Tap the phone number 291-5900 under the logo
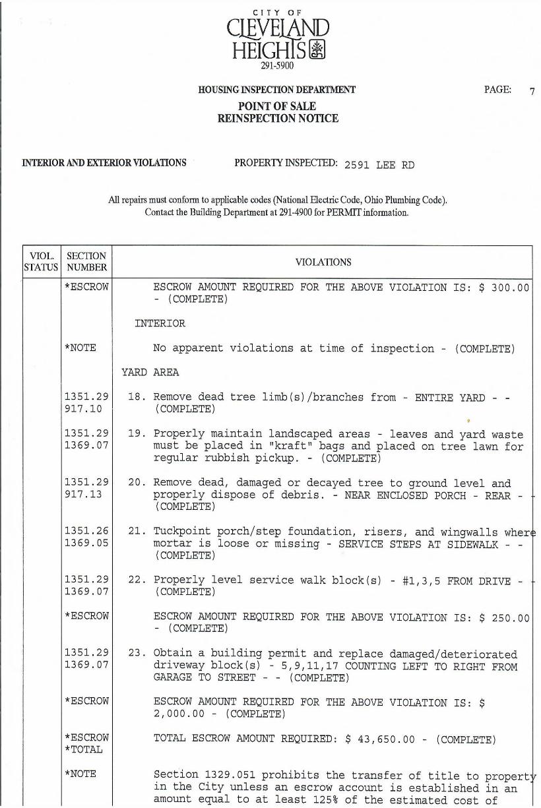click(277, 65)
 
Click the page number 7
click(532, 92)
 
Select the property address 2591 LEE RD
click(379, 165)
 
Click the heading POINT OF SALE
click(277, 106)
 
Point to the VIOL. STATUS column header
click(42, 262)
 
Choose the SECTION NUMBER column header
click(86, 262)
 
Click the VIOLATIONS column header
click(323, 263)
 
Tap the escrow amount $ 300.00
click(504, 288)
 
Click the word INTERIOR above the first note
click(160, 324)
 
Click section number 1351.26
click(86, 532)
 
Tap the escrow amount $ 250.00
click(504, 618)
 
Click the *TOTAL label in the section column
click(84, 750)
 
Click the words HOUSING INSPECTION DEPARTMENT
click(277, 90)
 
